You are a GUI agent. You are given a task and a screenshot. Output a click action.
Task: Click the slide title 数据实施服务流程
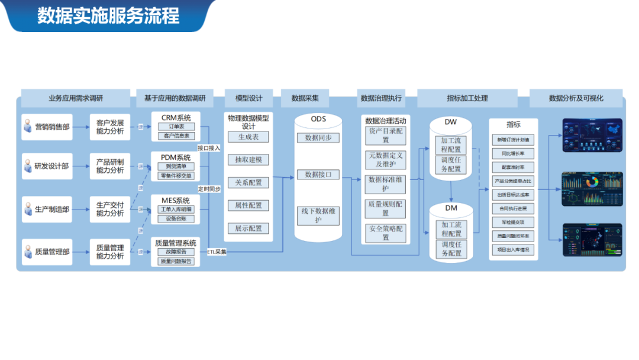pos(108,16)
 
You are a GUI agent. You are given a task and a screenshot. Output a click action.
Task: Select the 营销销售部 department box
pos(47,127)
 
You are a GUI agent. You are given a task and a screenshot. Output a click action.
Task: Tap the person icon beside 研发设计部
pos(27,166)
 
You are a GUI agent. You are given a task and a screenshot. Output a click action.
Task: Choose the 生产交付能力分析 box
pos(110,209)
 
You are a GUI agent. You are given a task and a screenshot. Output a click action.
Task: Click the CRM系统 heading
pos(176,117)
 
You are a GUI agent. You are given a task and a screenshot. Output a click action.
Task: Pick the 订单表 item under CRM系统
pos(176,127)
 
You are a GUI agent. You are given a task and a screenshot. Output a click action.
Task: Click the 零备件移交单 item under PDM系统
pos(176,176)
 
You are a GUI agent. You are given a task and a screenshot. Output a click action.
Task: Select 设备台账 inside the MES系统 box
pos(176,218)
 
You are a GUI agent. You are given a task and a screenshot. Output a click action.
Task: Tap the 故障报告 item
pos(176,252)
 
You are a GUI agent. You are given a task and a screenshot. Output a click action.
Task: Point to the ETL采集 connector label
pos(217,252)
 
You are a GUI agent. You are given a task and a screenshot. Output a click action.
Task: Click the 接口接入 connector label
pos(209,148)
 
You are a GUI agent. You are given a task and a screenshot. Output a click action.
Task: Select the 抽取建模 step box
pos(248,160)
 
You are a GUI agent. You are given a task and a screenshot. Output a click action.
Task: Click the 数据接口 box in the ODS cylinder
pos(318,175)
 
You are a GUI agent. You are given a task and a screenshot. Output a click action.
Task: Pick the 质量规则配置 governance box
pos(386,208)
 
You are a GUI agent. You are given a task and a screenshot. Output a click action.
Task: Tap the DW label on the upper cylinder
pos(451,123)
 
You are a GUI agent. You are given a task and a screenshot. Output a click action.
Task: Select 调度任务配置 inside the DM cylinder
pos(451,249)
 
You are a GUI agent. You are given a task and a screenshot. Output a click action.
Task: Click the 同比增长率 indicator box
pos(513,153)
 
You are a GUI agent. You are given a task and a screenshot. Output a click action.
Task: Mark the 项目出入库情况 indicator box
pos(513,250)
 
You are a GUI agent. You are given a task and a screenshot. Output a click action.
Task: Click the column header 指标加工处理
pos(467,98)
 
